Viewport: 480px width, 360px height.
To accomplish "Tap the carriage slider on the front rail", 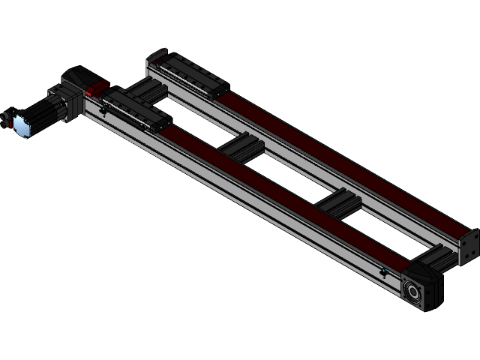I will pos(136,109).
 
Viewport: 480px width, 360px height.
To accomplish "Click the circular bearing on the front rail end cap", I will pos(413,289).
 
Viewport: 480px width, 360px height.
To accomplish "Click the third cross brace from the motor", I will pos(338,200).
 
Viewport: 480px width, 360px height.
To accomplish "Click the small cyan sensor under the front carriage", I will pos(103,111).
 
